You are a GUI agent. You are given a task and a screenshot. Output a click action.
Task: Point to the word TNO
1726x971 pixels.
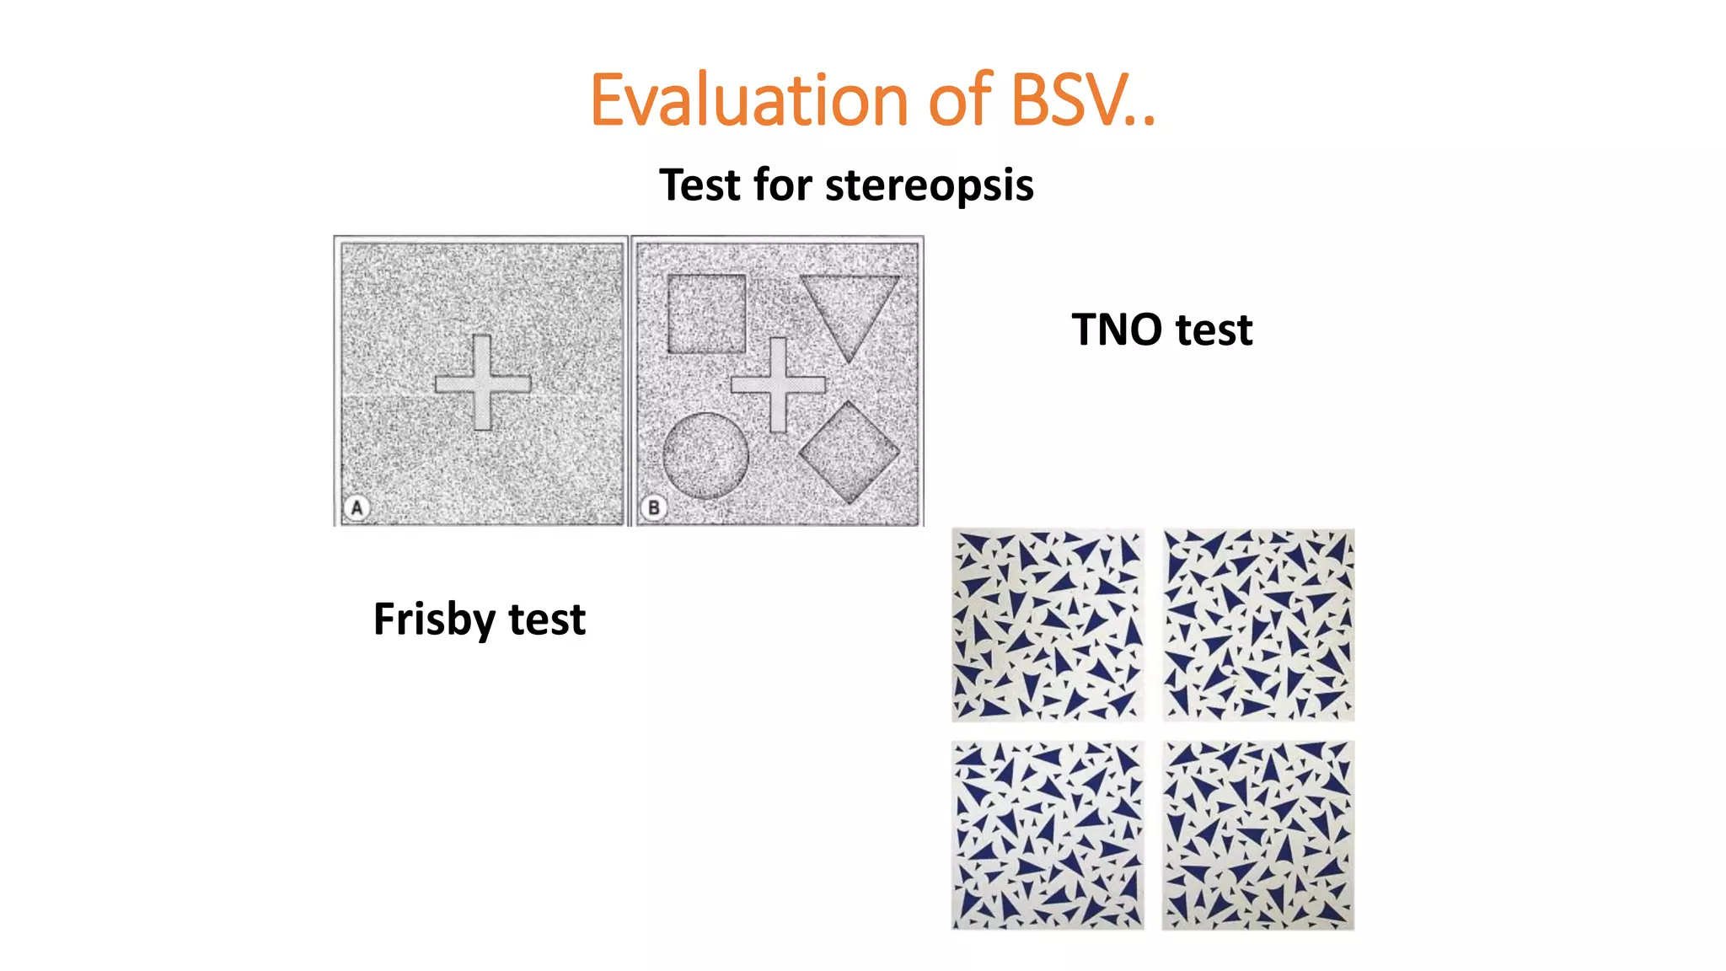(x=1117, y=329)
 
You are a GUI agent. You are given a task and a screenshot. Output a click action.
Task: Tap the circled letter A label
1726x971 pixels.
(x=356, y=507)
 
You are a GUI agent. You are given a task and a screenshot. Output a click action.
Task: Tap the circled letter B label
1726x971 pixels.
(x=653, y=507)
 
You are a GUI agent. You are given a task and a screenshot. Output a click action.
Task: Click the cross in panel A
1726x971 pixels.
(x=482, y=384)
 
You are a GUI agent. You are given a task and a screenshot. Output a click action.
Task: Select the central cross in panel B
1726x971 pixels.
(x=778, y=385)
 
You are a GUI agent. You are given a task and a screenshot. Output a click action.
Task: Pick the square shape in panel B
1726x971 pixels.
(x=706, y=314)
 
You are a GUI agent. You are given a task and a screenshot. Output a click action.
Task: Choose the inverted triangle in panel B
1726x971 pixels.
(x=849, y=308)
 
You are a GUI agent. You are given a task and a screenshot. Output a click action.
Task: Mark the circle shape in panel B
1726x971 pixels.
(x=705, y=455)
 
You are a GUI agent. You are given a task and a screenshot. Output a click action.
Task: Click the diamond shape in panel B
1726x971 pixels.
(x=849, y=453)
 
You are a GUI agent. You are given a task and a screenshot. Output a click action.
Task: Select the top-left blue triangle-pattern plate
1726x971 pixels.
(x=1048, y=625)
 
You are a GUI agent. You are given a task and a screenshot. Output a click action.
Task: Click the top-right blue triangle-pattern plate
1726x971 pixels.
(x=1258, y=625)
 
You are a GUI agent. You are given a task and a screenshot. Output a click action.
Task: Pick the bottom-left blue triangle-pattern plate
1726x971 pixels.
(x=1048, y=835)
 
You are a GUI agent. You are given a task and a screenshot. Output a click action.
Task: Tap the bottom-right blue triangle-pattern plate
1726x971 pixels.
(x=1258, y=835)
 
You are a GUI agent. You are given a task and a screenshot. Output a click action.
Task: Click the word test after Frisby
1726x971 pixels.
(x=547, y=620)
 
